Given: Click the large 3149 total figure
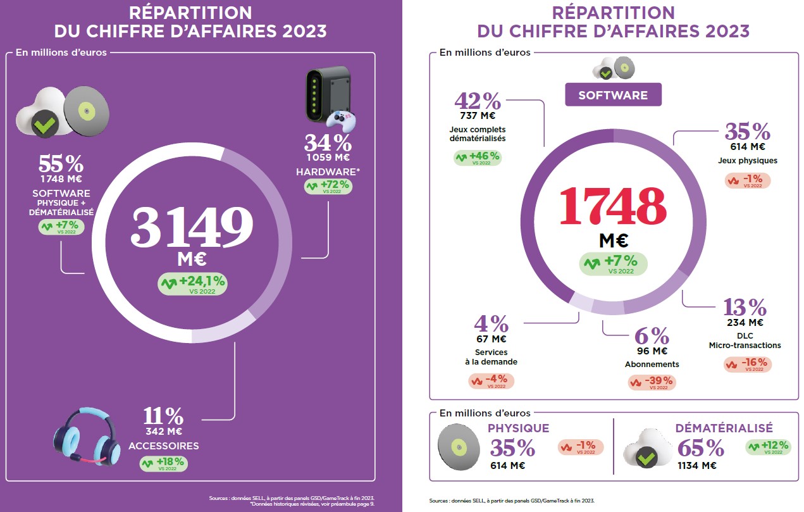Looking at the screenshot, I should point(191,227).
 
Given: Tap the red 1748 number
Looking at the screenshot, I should point(612,206).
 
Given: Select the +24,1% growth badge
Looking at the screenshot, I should point(192,284).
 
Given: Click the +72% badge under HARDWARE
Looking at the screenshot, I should point(328,187).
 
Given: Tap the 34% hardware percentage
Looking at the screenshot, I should point(328,142).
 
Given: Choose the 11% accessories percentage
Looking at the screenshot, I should point(163,416).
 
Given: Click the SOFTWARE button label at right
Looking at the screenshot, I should point(613,95).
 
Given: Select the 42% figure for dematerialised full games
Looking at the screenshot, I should point(478,101).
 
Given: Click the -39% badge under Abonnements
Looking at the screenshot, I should point(652,383).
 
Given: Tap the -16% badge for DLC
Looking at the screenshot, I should point(746,365).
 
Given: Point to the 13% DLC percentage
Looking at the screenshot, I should point(745,308).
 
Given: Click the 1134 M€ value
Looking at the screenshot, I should point(696,466).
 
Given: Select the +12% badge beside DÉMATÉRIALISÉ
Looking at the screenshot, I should point(769,447).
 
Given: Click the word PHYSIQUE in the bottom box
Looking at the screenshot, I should point(518,428).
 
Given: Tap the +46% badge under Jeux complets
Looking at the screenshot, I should point(478,158).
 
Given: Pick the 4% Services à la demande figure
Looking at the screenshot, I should point(491,324).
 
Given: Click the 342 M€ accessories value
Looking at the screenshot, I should point(163,432).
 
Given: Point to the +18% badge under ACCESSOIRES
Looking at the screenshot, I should point(163,463).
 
